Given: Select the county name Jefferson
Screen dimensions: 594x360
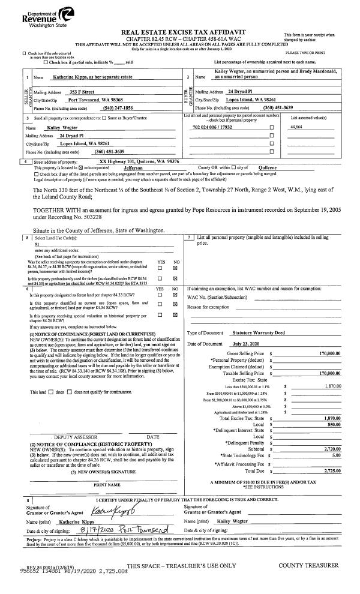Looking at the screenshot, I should (136, 168).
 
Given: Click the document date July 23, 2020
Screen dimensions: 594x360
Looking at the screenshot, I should (248, 343).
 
